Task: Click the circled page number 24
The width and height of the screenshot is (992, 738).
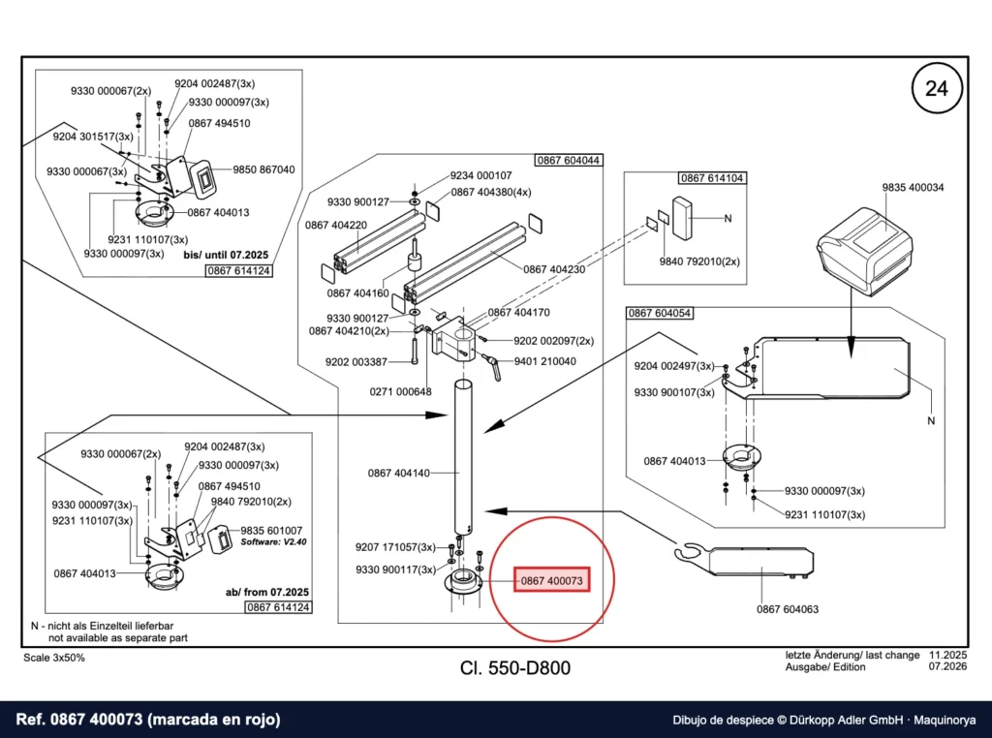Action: click(937, 88)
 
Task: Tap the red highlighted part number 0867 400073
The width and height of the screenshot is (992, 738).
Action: click(551, 580)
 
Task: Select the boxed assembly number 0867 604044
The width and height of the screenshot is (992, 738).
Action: click(568, 160)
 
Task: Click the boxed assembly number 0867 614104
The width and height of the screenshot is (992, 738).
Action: click(712, 177)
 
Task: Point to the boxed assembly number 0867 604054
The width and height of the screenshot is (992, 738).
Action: click(659, 313)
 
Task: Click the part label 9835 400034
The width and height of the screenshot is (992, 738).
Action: click(913, 187)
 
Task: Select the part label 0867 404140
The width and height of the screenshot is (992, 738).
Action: click(398, 473)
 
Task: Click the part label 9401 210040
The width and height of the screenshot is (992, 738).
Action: click(544, 361)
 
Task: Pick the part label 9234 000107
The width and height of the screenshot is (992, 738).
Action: click(480, 175)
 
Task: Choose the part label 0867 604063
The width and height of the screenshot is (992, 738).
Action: click(788, 609)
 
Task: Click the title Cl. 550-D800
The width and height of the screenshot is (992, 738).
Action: click(515, 668)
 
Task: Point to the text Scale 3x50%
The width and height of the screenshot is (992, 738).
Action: click(54, 658)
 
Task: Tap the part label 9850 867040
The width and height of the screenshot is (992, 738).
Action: click(263, 169)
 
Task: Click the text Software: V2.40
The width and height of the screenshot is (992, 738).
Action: click(273, 542)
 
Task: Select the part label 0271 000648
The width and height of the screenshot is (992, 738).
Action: click(400, 391)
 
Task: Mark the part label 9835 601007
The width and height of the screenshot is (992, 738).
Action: click(271, 531)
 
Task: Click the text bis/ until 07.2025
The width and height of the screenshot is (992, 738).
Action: click(226, 255)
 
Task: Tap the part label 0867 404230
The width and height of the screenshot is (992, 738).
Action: click(554, 269)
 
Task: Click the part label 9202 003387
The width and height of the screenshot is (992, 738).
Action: click(356, 361)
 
